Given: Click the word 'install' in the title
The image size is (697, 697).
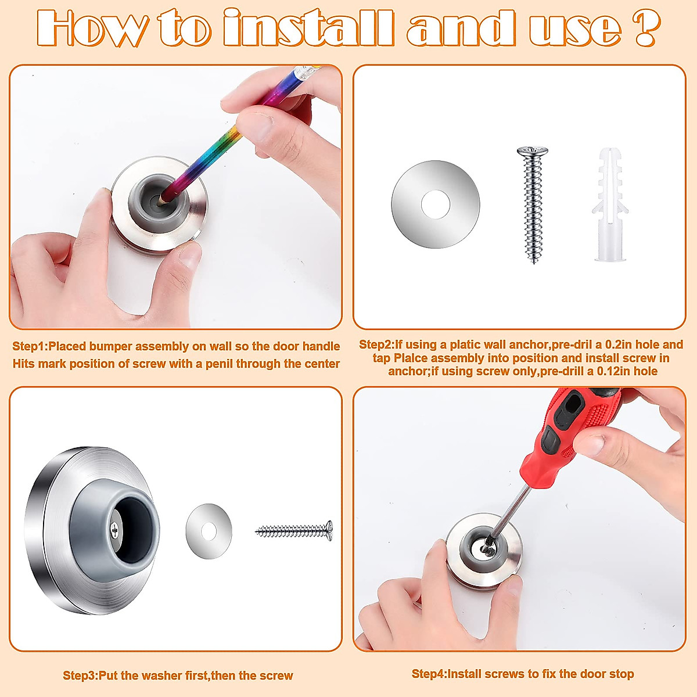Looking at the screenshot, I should coord(308,28).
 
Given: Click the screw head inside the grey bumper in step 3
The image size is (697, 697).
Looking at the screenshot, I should coord(115,529).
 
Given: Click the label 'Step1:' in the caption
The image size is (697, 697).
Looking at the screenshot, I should coord(30,347).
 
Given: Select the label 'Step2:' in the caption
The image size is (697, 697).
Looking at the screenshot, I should coord(376,345).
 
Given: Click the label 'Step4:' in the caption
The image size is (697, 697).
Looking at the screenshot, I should coord(429,674).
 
